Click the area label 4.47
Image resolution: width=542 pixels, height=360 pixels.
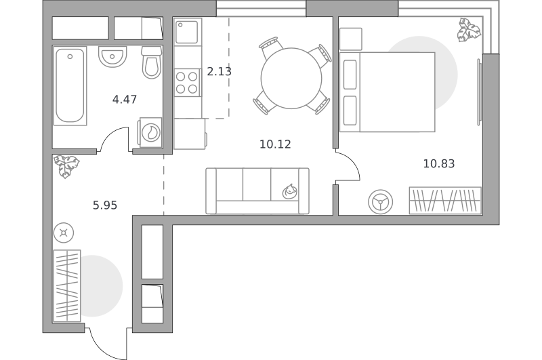click(x=125, y=100)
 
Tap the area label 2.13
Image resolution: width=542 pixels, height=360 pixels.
click(x=219, y=72)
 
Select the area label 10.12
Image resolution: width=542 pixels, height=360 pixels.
click(x=275, y=144)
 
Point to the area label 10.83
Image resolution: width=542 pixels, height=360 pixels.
click(x=439, y=163)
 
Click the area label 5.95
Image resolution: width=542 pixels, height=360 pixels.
click(x=105, y=205)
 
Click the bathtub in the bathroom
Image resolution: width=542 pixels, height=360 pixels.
click(x=70, y=86)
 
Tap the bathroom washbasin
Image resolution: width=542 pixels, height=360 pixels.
click(x=112, y=56)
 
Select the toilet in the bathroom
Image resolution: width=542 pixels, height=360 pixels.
click(x=151, y=62)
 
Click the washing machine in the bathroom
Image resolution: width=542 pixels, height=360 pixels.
click(x=150, y=132)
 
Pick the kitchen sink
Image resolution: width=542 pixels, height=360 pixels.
click(x=187, y=32)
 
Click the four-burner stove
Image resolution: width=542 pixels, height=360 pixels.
click(x=187, y=82)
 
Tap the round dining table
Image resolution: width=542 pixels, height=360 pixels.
click(x=291, y=79)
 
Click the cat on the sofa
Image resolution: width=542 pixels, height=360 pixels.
click(x=290, y=192)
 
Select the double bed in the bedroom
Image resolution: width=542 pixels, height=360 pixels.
click(x=387, y=92)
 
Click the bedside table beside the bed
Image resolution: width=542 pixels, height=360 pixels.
click(x=351, y=39)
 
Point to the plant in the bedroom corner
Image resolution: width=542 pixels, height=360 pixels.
click(x=469, y=30)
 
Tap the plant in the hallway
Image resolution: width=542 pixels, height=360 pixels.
click(x=66, y=166)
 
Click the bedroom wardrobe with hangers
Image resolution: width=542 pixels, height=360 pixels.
click(x=445, y=201)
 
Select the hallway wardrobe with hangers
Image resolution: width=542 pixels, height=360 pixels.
click(x=67, y=285)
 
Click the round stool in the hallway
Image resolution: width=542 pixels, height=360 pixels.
click(x=64, y=233)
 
